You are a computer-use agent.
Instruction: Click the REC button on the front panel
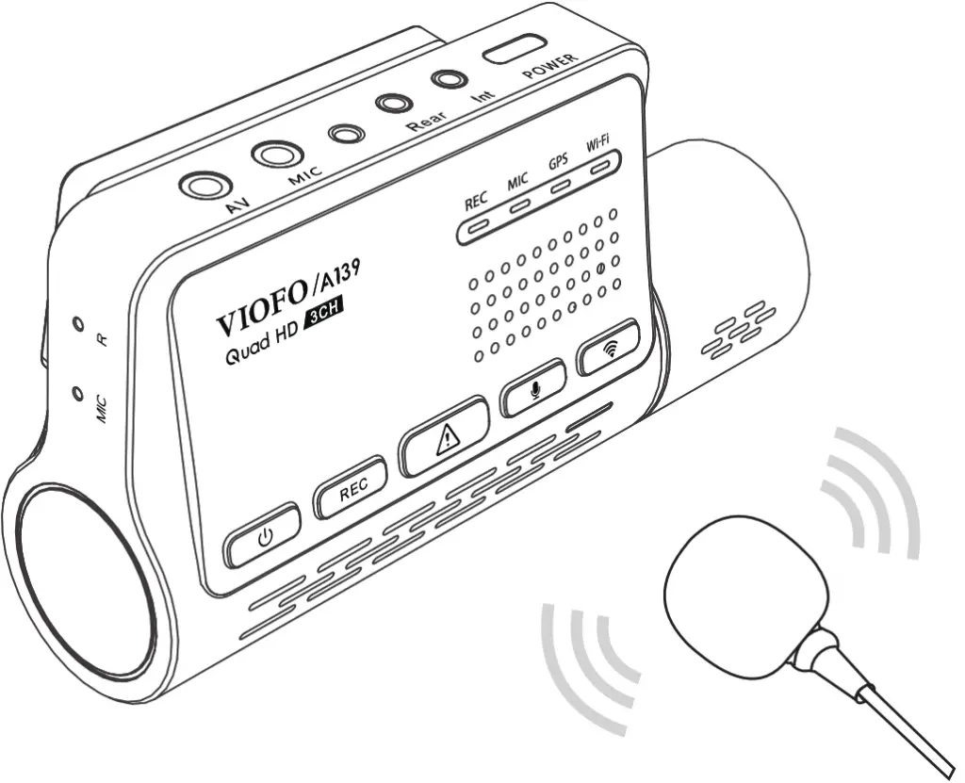coord(351,487)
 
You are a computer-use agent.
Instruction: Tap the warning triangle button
coord(444,436)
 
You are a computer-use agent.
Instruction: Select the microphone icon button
coord(533,388)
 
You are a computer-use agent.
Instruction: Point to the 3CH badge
coord(324,314)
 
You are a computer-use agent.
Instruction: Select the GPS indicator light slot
coord(561,187)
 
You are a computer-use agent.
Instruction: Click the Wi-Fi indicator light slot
coord(599,168)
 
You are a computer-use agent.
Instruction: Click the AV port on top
coord(205,186)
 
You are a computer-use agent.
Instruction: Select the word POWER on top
coord(550,67)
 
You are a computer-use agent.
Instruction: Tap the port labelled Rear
coord(394,103)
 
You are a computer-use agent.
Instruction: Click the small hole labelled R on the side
coord(77,323)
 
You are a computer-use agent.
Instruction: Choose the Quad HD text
coord(263,344)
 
